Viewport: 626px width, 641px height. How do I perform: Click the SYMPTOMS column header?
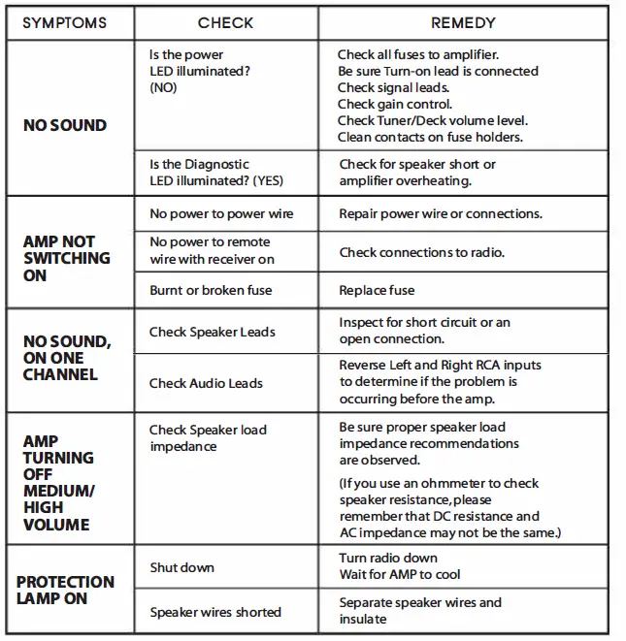coord(64,22)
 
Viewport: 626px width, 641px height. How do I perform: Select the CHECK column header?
coord(225,22)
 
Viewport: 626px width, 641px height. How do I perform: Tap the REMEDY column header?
coord(463,22)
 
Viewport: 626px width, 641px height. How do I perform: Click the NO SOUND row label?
coord(65,125)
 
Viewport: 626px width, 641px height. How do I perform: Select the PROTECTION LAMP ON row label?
coord(65,590)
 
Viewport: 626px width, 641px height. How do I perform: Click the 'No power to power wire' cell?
coord(220,213)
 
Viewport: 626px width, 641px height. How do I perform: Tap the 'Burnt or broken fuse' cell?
coord(211,290)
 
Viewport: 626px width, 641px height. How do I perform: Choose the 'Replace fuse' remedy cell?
coord(377,290)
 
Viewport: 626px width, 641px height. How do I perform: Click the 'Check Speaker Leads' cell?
coord(213,332)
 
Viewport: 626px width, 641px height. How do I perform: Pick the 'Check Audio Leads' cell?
coord(206,383)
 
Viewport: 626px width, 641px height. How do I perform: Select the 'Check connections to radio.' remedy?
coord(422,252)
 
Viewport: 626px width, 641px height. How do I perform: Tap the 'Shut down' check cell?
coord(181,567)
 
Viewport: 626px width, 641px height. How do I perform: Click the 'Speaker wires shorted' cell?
coord(215,612)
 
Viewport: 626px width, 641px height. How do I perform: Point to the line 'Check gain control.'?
coord(395,104)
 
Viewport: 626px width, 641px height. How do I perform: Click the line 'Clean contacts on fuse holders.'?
coord(430,137)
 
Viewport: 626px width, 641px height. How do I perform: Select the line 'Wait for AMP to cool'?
coord(400,575)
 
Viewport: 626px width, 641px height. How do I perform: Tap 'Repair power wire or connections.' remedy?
coord(441,213)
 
